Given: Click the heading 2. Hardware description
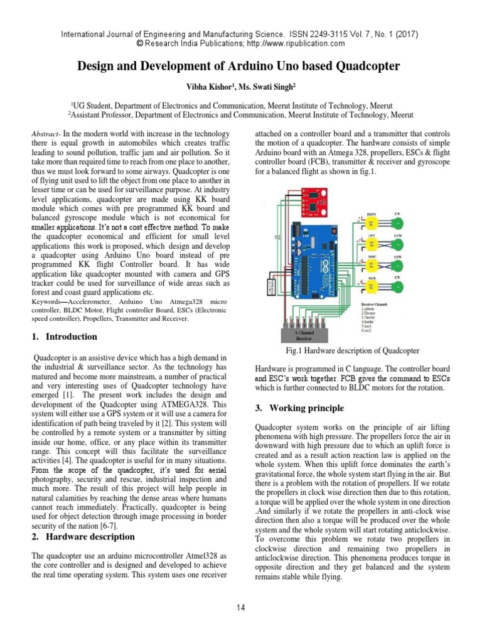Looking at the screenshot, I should coord(83,536).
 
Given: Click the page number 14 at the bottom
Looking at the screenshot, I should coord(240,607).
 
